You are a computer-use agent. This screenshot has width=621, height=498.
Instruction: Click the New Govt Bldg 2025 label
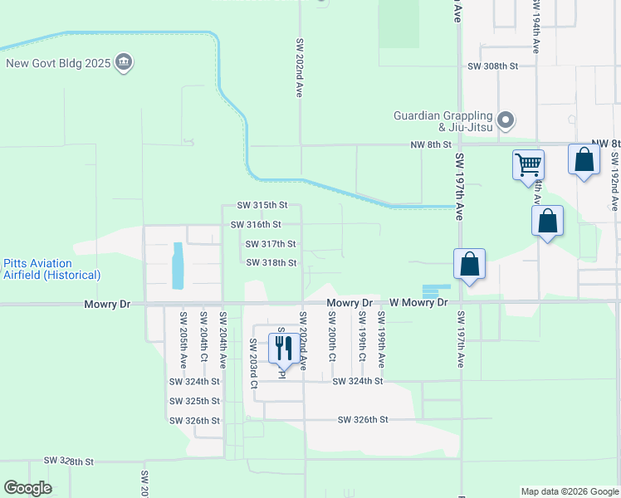coord(58,63)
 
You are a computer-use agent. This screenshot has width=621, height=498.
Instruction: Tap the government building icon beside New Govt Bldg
coord(124,63)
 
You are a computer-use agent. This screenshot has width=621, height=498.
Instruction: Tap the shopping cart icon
coord(528,165)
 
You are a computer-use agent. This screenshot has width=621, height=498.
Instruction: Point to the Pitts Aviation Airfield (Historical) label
coord(51,269)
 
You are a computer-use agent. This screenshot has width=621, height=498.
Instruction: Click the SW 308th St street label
coord(493,66)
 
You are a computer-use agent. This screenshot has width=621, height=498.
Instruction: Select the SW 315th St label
coord(262,205)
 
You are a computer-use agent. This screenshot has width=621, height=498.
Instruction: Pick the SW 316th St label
coord(256,224)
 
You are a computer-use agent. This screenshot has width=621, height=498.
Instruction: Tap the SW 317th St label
coord(271,244)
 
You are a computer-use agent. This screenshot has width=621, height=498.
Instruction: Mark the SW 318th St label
coord(271,263)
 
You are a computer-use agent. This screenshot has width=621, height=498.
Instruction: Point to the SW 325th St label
coord(194,401)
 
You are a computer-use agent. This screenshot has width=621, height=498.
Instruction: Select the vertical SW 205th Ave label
coord(183,339)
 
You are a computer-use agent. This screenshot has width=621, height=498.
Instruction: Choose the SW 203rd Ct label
coord(253,363)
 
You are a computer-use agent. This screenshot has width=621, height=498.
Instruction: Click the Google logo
coord(27,488)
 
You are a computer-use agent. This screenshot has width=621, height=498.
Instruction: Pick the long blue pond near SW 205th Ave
coord(178,266)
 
